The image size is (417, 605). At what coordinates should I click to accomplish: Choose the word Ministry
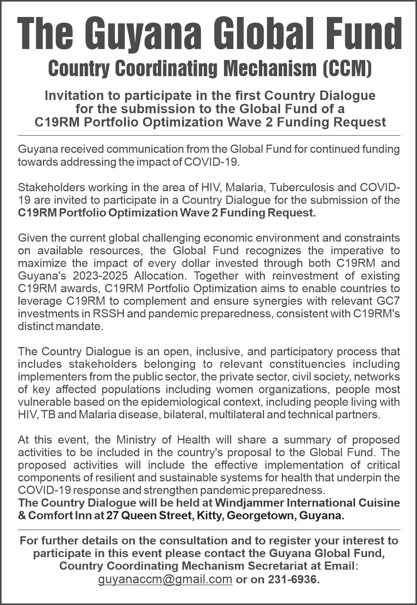pos(136,440)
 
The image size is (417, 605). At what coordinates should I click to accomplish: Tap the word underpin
pos(357,478)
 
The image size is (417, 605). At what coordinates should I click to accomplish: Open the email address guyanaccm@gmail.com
pos(165,579)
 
